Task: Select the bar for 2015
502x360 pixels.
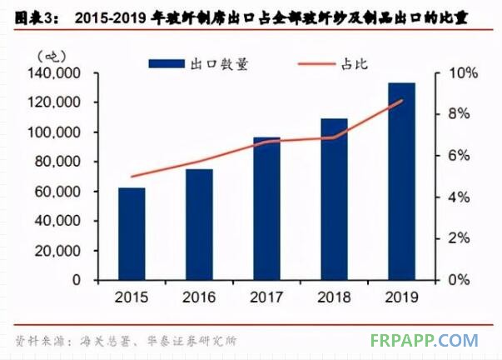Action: (x=132, y=234)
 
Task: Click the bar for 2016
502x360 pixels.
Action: (x=199, y=225)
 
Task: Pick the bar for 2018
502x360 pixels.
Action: (x=334, y=199)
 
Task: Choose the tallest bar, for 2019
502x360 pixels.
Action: (x=401, y=181)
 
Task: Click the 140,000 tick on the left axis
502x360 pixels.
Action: (x=54, y=73)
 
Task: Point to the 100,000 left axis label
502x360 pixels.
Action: (x=54, y=132)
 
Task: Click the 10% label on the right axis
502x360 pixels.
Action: (x=463, y=73)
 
